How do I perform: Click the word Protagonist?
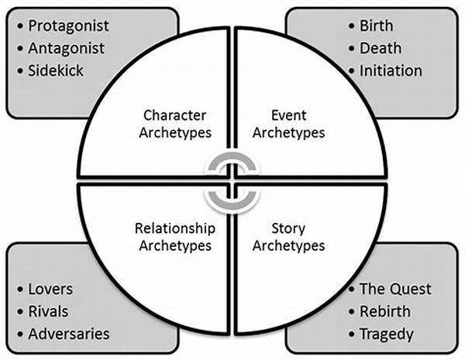(69, 26)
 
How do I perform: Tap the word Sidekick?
(57, 70)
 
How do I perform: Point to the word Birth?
(376, 26)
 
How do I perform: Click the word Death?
(381, 48)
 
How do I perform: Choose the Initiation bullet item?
(391, 70)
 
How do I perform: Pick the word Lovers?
(50, 289)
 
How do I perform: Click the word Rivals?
(48, 311)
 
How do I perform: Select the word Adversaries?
(68, 334)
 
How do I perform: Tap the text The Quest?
(395, 289)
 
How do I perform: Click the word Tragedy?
(386, 334)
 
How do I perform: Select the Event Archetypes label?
(288, 124)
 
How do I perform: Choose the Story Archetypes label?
(288, 236)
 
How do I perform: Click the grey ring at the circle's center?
(231, 180)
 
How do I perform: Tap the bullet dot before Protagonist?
(20, 26)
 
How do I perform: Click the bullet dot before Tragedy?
(351, 334)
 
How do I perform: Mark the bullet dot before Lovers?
(20, 290)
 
